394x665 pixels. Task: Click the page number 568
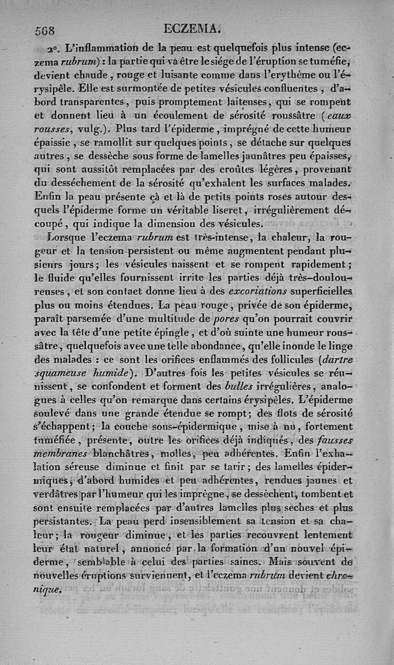point(45,30)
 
